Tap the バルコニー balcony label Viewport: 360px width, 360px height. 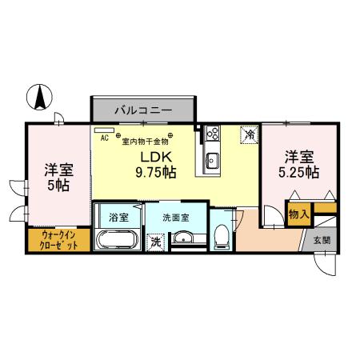tap(142, 108)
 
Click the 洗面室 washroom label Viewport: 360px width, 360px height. tap(175, 216)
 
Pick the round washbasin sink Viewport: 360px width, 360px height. tap(185, 238)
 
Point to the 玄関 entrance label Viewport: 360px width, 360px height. tap(320, 240)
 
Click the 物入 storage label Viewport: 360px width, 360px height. tap(298, 214)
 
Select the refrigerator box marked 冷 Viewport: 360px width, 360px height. tap(248, 135)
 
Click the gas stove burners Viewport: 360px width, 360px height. tap(212, 134)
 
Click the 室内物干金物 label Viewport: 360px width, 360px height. tap(145, 142)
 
